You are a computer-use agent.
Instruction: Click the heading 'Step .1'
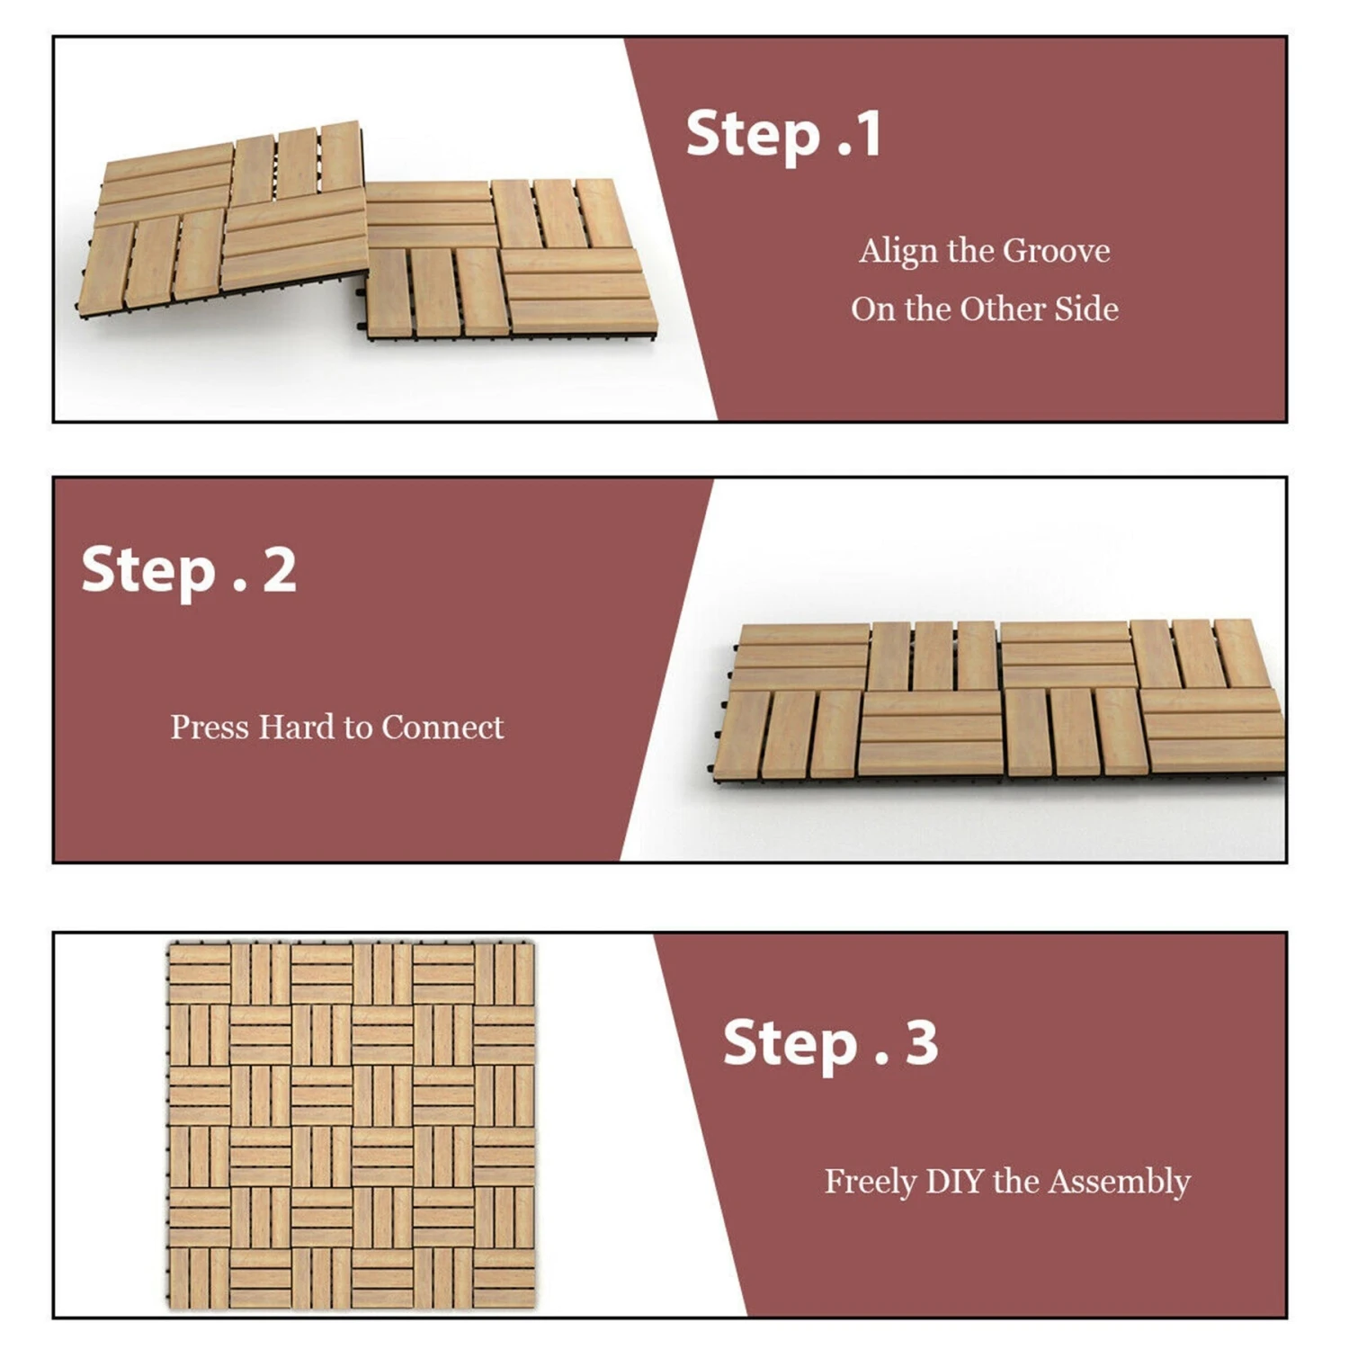pos(783,136)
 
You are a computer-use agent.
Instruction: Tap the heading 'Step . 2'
pos(189,571)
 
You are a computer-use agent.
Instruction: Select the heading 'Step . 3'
pos(830,1044)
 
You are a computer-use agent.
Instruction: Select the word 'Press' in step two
pos(210,728)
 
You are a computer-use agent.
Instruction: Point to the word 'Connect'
pos(442,728)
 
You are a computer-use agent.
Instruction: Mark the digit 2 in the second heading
pos(279,571)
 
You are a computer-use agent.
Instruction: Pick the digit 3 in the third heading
pos(921,1043)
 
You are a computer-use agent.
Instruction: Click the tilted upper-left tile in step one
pos(225,220)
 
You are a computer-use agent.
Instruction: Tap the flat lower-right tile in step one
pos(508,261)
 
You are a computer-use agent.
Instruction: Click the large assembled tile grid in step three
pos(352,1125)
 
